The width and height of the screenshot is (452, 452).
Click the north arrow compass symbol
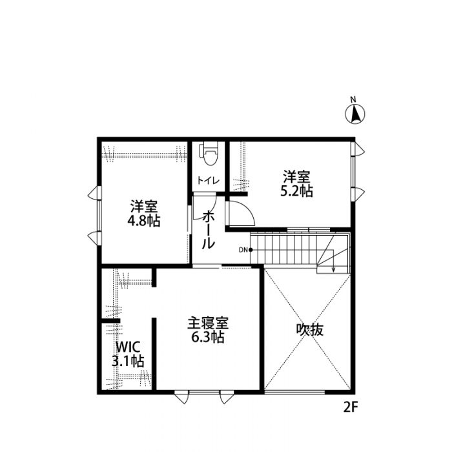[x=355, y=114]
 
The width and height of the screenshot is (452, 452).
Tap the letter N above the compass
[x=353, y=99]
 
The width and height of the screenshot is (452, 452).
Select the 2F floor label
[x=351, y=407]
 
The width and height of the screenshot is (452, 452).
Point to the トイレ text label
[x=208, y=181]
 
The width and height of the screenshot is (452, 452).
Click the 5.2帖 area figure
[x=296, y=191]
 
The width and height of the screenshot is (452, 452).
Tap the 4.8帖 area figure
[x=143, y=221]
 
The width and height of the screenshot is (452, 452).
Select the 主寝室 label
[x=208, y=324]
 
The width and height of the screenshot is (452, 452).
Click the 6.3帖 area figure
[x=208, y=336]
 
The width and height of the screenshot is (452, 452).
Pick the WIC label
[x=128, y=347]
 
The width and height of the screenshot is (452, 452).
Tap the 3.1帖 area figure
[x=128, y=360]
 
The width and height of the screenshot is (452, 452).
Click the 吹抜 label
[x=310, y=330]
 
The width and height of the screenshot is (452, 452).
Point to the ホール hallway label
[x=208, y=230]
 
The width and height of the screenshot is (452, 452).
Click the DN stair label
[x=243, y=250]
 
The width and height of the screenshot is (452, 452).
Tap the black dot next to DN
[x=251, y=250]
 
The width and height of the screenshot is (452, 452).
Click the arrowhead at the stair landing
[x=334, y=270]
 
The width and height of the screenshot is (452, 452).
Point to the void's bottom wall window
[x=294, y=392]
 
